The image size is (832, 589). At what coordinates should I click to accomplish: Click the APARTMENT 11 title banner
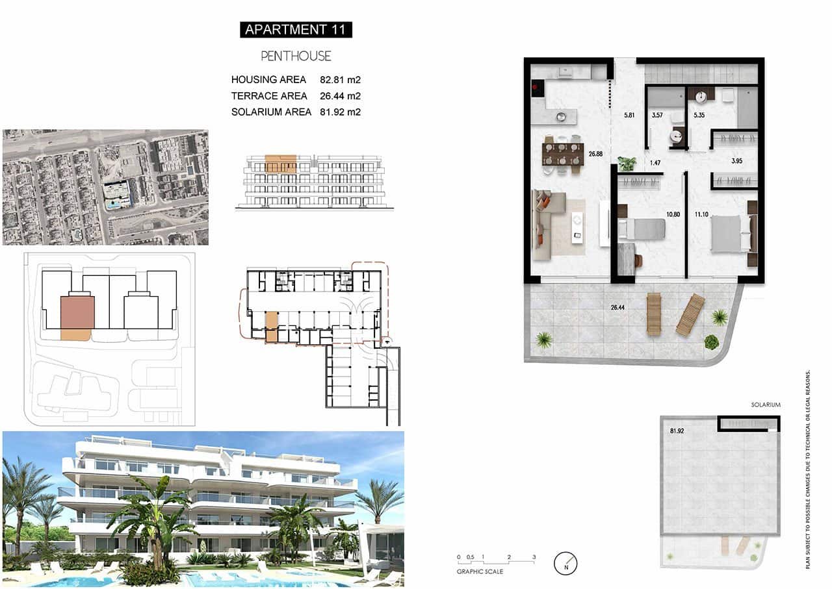point(296,29)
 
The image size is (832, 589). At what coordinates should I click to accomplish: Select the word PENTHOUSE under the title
point(296,56)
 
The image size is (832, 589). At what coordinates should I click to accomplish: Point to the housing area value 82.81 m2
point(340,80)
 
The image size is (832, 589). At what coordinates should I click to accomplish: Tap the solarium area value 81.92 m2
point(340,112)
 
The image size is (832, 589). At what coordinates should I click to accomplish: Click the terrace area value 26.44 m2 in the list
point(340,96)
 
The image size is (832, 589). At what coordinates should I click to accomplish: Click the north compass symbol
point(565,563)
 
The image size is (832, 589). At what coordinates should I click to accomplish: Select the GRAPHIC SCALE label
point(480,572)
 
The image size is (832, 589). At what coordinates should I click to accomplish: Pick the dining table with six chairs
point(562,156)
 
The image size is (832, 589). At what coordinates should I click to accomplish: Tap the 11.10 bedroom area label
point(701,214)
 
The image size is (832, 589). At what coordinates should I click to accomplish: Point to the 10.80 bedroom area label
point(673,214)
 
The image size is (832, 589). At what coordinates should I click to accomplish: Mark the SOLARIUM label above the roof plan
point(765,405)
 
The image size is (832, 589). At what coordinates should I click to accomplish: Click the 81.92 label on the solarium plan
point(679,430)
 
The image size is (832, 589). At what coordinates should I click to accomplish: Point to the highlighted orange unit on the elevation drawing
point(281,163)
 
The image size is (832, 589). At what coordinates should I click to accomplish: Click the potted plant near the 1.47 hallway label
point(627,163)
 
